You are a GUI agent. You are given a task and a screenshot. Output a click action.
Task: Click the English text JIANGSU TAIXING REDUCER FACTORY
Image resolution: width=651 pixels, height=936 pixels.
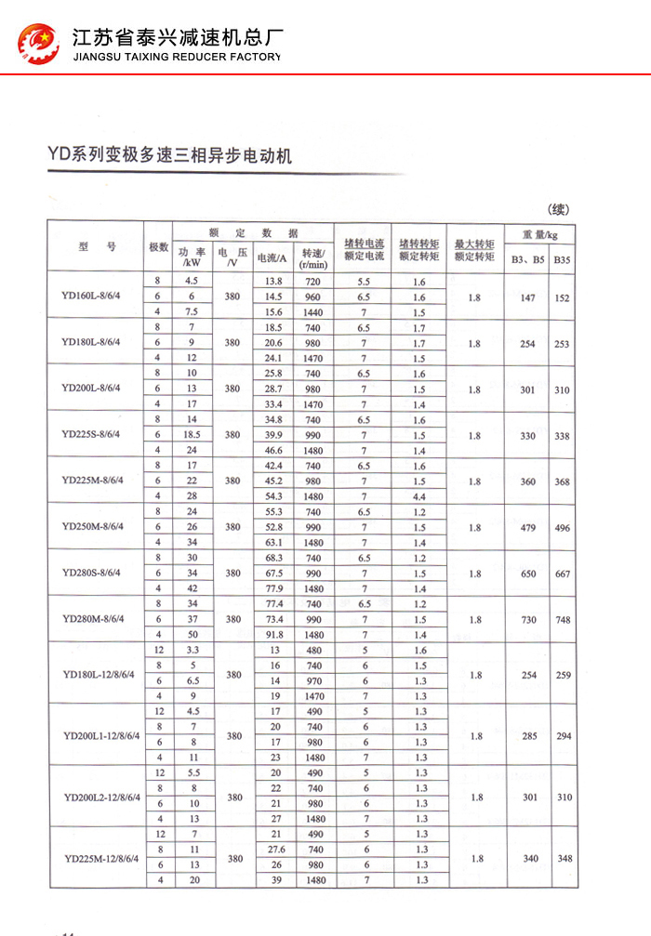click(x=176, y=57)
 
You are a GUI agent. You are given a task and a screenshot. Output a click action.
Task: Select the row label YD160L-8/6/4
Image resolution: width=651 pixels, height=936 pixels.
click(x=97, y=297)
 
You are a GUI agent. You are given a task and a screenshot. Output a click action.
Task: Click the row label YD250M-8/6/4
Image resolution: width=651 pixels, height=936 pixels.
click(x=97, y=527)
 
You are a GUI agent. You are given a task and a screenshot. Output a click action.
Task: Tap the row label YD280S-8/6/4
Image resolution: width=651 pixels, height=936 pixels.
click(x=97, y=573)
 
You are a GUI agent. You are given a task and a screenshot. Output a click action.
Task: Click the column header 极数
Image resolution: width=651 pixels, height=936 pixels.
click(x=158, y=247)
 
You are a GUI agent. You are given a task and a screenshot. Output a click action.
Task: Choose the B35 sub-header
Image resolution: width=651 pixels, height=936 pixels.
click(x=562, y=260)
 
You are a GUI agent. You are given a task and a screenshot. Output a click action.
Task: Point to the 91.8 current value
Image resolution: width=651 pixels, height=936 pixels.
click(x=273, y=634)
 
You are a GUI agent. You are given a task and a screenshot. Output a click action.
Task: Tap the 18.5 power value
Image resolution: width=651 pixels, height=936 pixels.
click(x=192, y=435)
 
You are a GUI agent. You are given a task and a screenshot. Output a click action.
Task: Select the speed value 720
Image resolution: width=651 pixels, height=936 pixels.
click(x=312, y=282)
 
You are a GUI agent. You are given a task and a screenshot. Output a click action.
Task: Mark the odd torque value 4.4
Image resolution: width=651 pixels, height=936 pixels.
click(x=419, y=496)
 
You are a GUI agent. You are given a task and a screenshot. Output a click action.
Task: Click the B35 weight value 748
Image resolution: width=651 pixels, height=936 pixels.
click(x=563, y=619)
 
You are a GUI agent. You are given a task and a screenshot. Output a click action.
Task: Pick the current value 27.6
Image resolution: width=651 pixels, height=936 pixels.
click(x=273, y=850)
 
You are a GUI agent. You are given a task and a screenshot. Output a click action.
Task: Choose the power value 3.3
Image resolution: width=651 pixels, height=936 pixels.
click(x=192, y=651)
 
